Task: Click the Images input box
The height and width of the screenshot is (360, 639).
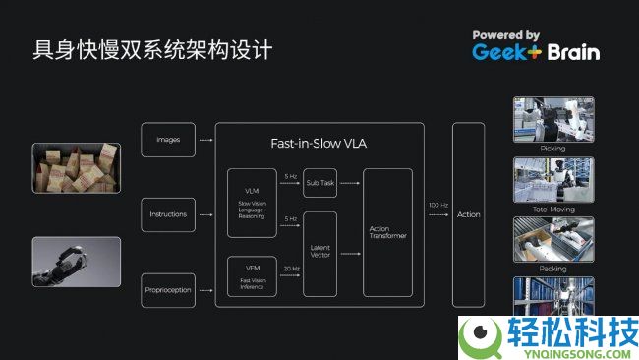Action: (x=168, y=140)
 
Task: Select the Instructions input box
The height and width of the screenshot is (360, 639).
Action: (x=168, y=214)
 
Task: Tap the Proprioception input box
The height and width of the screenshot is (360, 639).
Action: (x=168, y=289)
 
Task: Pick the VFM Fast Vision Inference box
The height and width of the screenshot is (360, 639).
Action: (x=252, y=275)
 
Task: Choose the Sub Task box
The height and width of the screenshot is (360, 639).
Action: (x=320, y=183)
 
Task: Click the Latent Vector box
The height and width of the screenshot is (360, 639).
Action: (x=320, y=254)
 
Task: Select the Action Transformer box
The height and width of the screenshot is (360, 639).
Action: (x=386, y=232)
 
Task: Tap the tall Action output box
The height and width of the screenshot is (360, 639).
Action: (x=469, y=214)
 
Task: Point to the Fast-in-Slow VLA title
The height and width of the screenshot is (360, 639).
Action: (x=319, y=144)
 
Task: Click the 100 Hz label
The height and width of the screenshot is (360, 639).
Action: (x=438, y=205)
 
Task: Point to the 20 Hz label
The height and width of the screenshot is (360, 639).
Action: (x=291, y=269)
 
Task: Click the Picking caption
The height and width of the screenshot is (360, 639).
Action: (x=553, y=149)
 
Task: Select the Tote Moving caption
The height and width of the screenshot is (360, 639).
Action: (x=553, y=208)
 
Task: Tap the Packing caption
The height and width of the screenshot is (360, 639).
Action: (x=553, y=267)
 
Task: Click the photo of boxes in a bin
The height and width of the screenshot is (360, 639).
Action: (x=76, y=167)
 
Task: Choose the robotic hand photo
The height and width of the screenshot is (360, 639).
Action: (x=76, y=262)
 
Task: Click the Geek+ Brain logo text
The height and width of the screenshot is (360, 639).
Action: (x=535, y=52)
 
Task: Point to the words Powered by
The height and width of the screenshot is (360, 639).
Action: (x=505, y=34)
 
